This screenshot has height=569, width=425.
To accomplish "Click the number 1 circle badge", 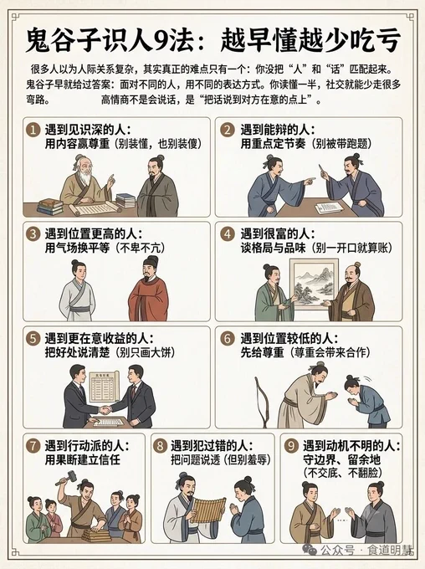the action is click(x=33, y=130).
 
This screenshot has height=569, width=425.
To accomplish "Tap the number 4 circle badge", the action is click(x=228, y=233).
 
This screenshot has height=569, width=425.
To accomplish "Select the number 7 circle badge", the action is click(x=33, y=446).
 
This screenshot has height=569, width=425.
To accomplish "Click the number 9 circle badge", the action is click(x=290, y=446).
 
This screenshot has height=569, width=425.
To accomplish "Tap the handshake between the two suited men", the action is click(x=105, y=410).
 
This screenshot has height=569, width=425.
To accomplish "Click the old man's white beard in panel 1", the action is click(x=85, y=177).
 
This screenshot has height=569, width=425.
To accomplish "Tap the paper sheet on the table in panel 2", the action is click(x=329, y=208).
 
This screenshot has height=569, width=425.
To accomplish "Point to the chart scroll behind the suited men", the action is click(x=104, y=386).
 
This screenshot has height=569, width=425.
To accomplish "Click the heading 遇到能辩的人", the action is click(x=277, y=130).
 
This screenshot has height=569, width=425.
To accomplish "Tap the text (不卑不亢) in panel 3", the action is click(x=141, y=248).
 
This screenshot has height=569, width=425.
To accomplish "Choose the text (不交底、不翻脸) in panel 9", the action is click(x=341, y=473).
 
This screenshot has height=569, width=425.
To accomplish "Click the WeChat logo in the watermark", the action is click(x=310, y=550).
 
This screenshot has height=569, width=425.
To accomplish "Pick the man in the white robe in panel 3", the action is click(x=77, y=290).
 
